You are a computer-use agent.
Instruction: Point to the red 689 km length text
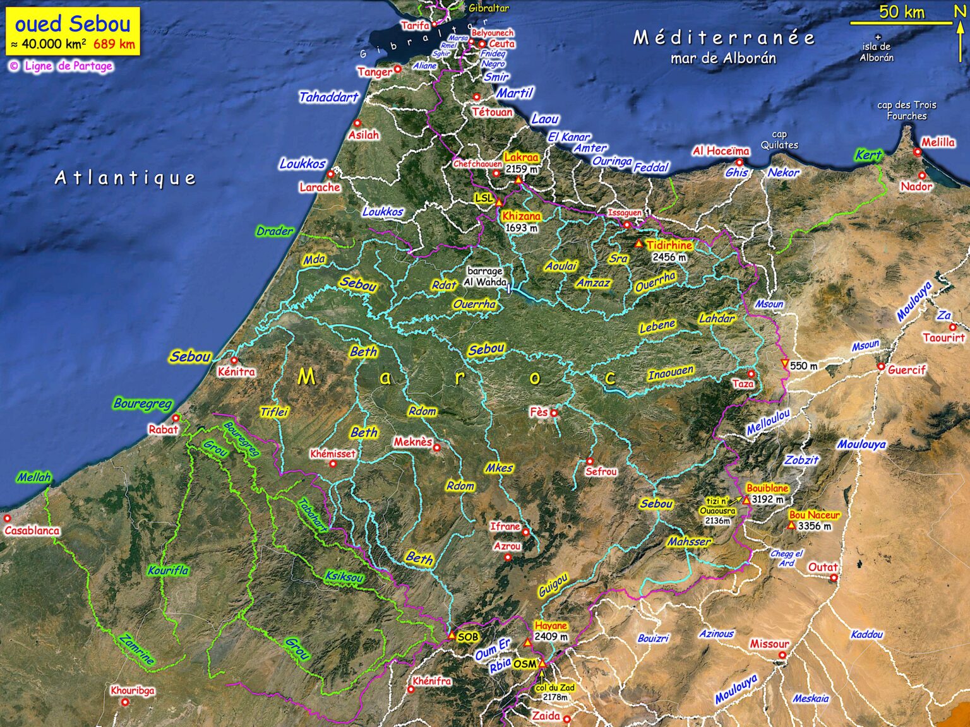coord(114,44)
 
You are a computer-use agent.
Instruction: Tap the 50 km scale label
coord(901,12)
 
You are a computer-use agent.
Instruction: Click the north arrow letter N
coord(959,11)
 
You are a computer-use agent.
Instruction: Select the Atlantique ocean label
coord(125,178)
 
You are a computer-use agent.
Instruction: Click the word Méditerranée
coord(724,38)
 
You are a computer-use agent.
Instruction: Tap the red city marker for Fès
coord(554,413)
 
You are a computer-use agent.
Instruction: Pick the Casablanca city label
coord(32,531)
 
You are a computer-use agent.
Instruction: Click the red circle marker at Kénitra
coord(234,360)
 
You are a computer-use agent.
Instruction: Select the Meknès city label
coord(413,442)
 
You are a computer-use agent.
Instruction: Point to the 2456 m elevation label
coord(669,257)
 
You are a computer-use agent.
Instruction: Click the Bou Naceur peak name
coord(815,515)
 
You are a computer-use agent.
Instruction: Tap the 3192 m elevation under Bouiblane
coord(767,499)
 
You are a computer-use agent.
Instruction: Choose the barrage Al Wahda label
coord(485,276)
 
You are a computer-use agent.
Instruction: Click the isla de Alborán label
coord(877,52)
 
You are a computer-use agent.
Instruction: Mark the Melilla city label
coord(938,142)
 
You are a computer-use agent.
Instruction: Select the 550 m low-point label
coord(803,366)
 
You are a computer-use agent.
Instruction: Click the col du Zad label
coord(555,688)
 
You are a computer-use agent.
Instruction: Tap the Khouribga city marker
coord(125,702)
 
